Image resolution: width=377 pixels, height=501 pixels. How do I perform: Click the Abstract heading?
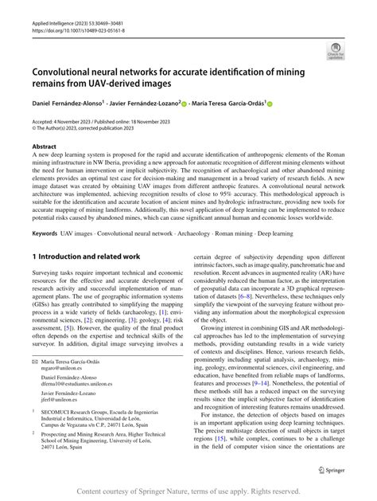44,147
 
